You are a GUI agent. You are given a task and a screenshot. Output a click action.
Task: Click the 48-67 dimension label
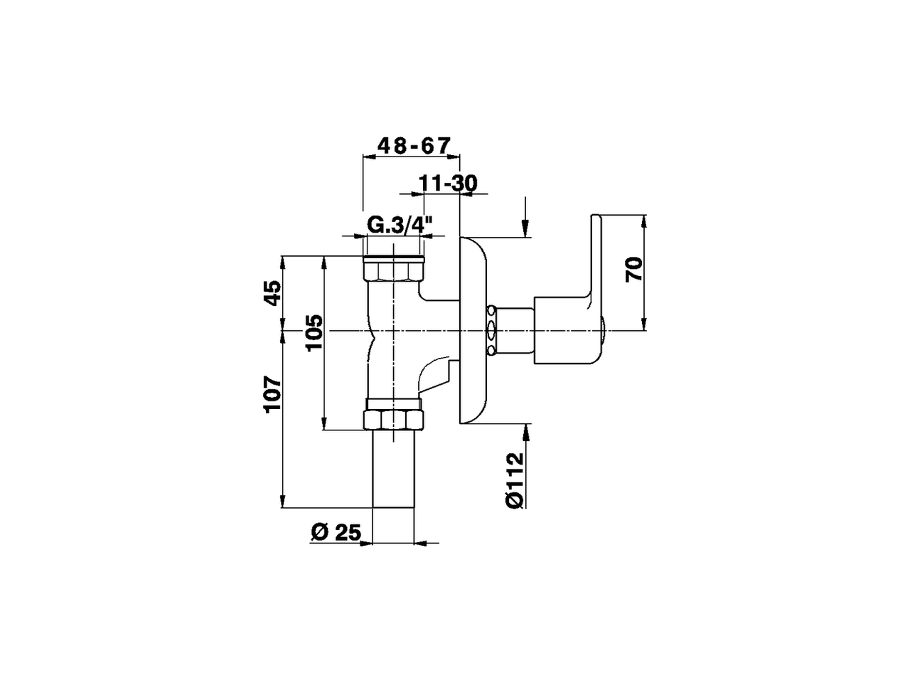point(414,145)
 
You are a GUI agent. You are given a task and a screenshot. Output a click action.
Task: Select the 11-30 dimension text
point(447,183)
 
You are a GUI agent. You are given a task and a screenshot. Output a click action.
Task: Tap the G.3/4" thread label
point(400,226)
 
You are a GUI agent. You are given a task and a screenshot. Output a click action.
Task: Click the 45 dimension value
point(272,292)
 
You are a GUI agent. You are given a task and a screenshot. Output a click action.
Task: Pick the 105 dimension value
point(314,332)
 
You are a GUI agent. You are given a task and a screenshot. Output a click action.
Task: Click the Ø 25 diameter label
point(336,531)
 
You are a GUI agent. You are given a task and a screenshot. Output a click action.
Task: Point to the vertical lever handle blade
point(594,256)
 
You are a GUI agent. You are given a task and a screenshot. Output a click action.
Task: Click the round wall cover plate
point(474,331)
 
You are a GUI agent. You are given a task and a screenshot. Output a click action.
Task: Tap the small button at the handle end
point(604,332)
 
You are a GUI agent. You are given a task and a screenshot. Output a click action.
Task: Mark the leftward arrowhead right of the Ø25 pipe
point(420,544)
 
